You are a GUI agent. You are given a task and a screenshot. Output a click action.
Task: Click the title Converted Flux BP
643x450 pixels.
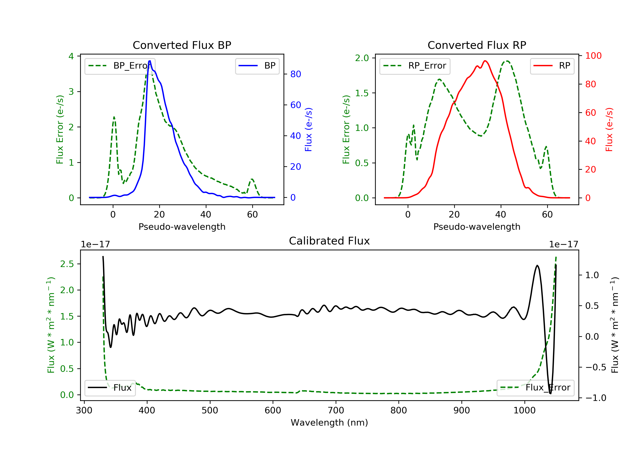tap(182, 45)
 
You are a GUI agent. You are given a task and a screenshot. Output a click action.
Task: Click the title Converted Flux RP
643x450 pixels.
tap(477, 45)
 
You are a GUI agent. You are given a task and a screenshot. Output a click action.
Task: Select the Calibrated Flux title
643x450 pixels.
tap(329, 241)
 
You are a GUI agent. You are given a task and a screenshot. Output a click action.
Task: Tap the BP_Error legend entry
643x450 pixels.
tap(120, 66)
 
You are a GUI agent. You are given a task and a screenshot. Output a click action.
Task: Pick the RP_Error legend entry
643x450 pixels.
tap(415, 66)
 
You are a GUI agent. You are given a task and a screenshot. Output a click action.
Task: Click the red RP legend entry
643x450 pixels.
tap(552, 66)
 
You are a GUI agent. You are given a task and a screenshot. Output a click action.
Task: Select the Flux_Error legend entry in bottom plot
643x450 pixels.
tap(535, 388)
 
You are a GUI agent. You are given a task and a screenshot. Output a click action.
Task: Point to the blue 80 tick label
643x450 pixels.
tap(295, 74)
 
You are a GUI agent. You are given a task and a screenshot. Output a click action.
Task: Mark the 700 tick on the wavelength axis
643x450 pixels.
tap(336, 411)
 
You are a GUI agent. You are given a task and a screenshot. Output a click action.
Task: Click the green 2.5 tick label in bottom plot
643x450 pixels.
tap(67, 264)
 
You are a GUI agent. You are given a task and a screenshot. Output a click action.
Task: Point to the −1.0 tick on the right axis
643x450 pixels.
tap(596, 398)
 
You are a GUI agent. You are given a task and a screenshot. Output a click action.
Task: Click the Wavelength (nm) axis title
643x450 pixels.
tap(329, 423)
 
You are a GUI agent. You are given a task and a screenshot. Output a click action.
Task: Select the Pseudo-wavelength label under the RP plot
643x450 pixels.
tap(477, 226)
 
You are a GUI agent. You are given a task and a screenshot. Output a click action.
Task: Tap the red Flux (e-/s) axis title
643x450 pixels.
tap(609, 129)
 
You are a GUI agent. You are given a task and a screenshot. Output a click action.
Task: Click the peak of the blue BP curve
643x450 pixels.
tap(150, 61)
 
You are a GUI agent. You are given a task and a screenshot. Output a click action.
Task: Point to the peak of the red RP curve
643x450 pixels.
tap(485, 61)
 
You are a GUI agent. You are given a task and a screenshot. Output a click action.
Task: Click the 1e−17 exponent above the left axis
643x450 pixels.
tap(96, 244)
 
